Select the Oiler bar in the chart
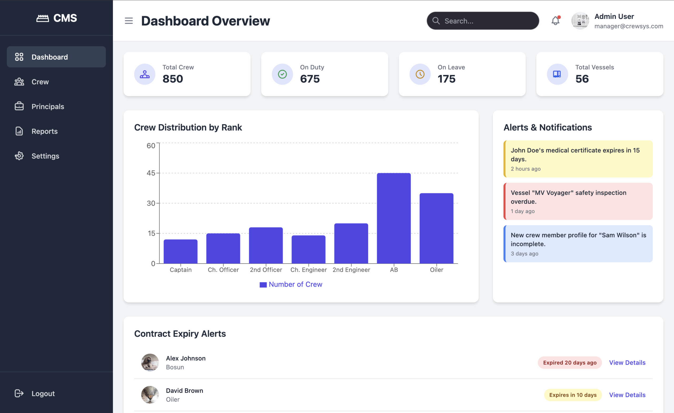pyautogui.click(x=436, y=228)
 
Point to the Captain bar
pyautogui.click(x=181, y=251)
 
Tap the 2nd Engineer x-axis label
pyautogui.click(x=351, y=270)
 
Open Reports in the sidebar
pyautogui.click(x=44, y=131)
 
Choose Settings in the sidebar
pyautogui.click(x=45, y=156)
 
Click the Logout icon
pyautogui.click(x=19, y=393)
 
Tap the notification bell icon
pyautogui.click(x=555, y=21)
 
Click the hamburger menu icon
pyautogui.click(x=129, y=21)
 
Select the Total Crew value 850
pyautogui.click(x=173, y=79)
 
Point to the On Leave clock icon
pyautogui.click(x=420, y=74)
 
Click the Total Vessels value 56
pyautogui.click(x=582, y=79)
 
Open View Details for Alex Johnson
pyautogui.click(x=627, y=362)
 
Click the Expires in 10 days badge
pyautogui.click(x=573, y=395)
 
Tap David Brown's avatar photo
pyautogui.click(x=150, y=395)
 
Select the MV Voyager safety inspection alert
pyautogui.click(x=578, y=202)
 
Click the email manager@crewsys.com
pyautogui.click(x=629, y=26)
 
